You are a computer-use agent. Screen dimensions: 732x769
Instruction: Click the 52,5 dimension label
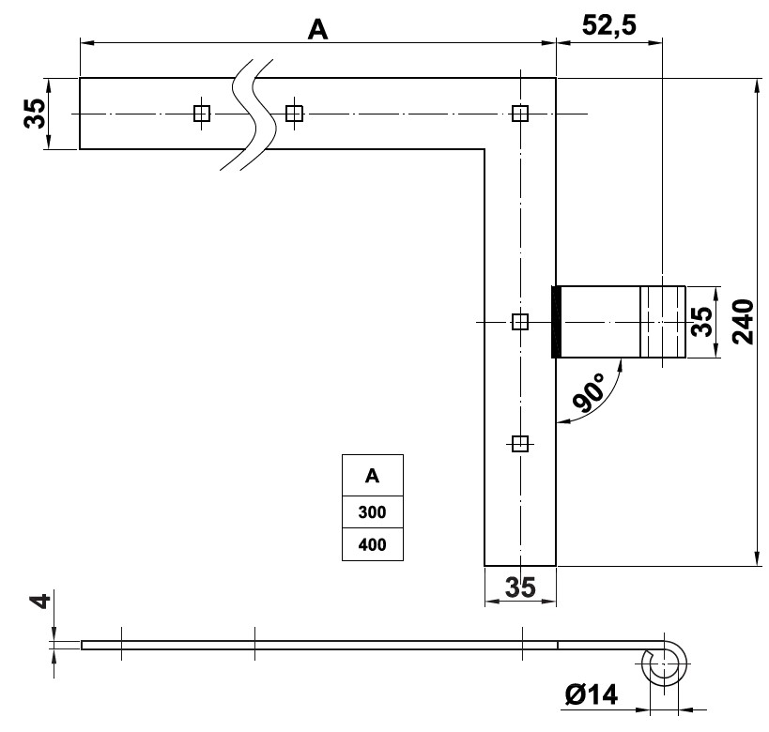point(609,25)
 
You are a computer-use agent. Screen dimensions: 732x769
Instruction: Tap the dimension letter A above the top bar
point(318,30)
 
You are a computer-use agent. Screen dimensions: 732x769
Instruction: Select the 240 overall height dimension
point(743,321)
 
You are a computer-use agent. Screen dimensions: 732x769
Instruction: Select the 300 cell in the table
point(372,512)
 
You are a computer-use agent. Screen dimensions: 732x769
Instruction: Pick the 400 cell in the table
point(372,544)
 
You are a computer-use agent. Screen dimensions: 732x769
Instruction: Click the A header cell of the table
point(372,476)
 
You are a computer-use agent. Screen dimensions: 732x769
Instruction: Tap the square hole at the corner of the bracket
point(520,114)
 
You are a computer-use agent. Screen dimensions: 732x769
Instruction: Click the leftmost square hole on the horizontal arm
point(201,114)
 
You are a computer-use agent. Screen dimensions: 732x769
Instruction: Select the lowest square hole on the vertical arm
point(520,442)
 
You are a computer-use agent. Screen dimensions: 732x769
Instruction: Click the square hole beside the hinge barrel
point(520,322)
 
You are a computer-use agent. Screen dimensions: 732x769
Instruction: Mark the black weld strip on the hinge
point(556,322)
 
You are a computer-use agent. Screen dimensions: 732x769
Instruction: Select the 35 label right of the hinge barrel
point(701,321)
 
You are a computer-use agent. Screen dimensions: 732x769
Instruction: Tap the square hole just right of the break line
point(294,114)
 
